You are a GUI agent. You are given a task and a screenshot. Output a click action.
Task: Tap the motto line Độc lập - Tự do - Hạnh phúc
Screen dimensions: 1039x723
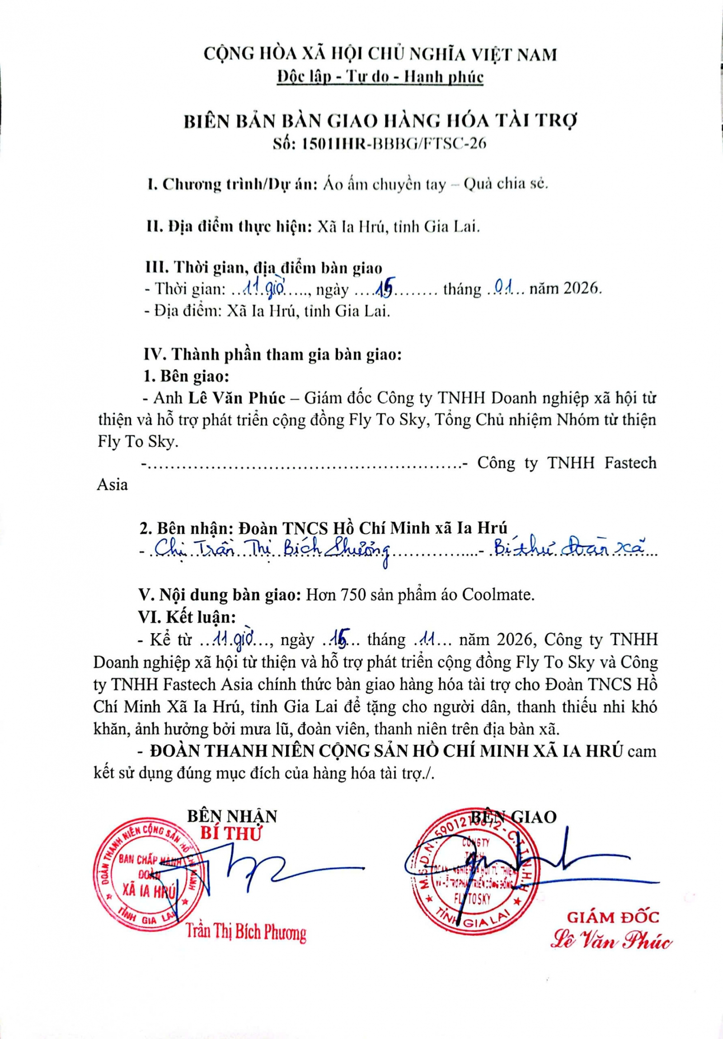point(380,77)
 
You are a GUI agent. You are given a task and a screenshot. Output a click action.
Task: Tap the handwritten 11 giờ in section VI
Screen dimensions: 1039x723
point(235,639)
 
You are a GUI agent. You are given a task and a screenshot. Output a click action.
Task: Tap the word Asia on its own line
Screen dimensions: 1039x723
point(113,485)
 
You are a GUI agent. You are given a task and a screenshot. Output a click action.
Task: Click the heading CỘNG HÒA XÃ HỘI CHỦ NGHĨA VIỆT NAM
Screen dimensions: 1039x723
point(380,54)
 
